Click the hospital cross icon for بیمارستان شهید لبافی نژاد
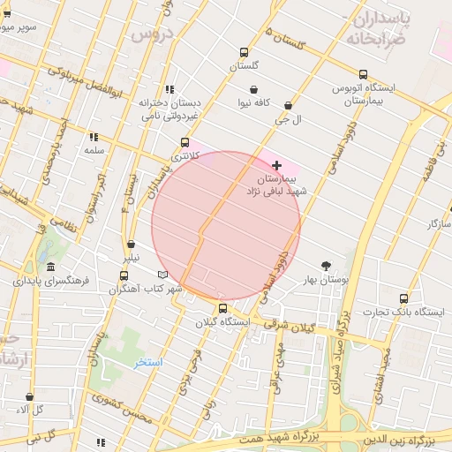[x=277, y=165]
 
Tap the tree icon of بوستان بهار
[x=327, y=265]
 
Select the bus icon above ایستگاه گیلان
[x=222, y=309]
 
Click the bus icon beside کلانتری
[x=185, y=142]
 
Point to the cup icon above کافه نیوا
[x=253, y=89]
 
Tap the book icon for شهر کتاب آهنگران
[x=161, y=275]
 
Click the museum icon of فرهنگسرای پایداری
[x=50, y=267]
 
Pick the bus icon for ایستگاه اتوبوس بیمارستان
[x=363, y=74]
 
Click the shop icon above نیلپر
[x=131, y=244]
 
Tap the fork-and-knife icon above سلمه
[x=94, y=137]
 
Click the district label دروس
[x=150, y=35]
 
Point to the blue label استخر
[x=148, y=362]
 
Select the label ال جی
[x=288, y=117]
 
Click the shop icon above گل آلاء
[x=30, y=397]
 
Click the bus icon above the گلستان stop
[x=245, y=52]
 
